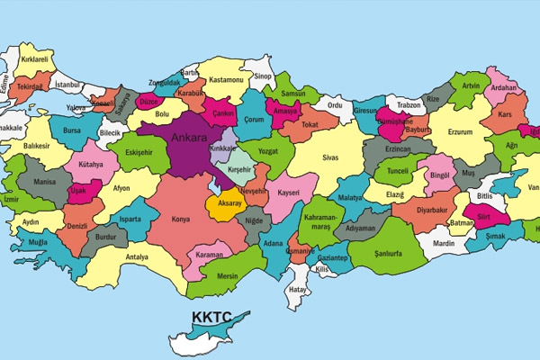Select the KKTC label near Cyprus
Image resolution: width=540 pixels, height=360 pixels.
click(x=212, y=318)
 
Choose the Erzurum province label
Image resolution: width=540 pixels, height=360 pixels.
click(x=460, y=132)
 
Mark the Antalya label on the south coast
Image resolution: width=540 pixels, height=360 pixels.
click(x=137, y=257)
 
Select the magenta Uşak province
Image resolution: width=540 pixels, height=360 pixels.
click(x=78, y=191)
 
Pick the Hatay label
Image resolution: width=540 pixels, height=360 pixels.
click(x=297, y=290)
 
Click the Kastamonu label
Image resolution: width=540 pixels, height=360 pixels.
click(x=226, y=80)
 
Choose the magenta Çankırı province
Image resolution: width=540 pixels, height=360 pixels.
click(x=223, y=114)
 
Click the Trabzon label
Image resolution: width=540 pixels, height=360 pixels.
click(x=409, y=104)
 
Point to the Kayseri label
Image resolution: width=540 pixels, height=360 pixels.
click(x=287, y=193)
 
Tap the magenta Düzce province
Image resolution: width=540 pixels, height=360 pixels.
click(x=148, y=103)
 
